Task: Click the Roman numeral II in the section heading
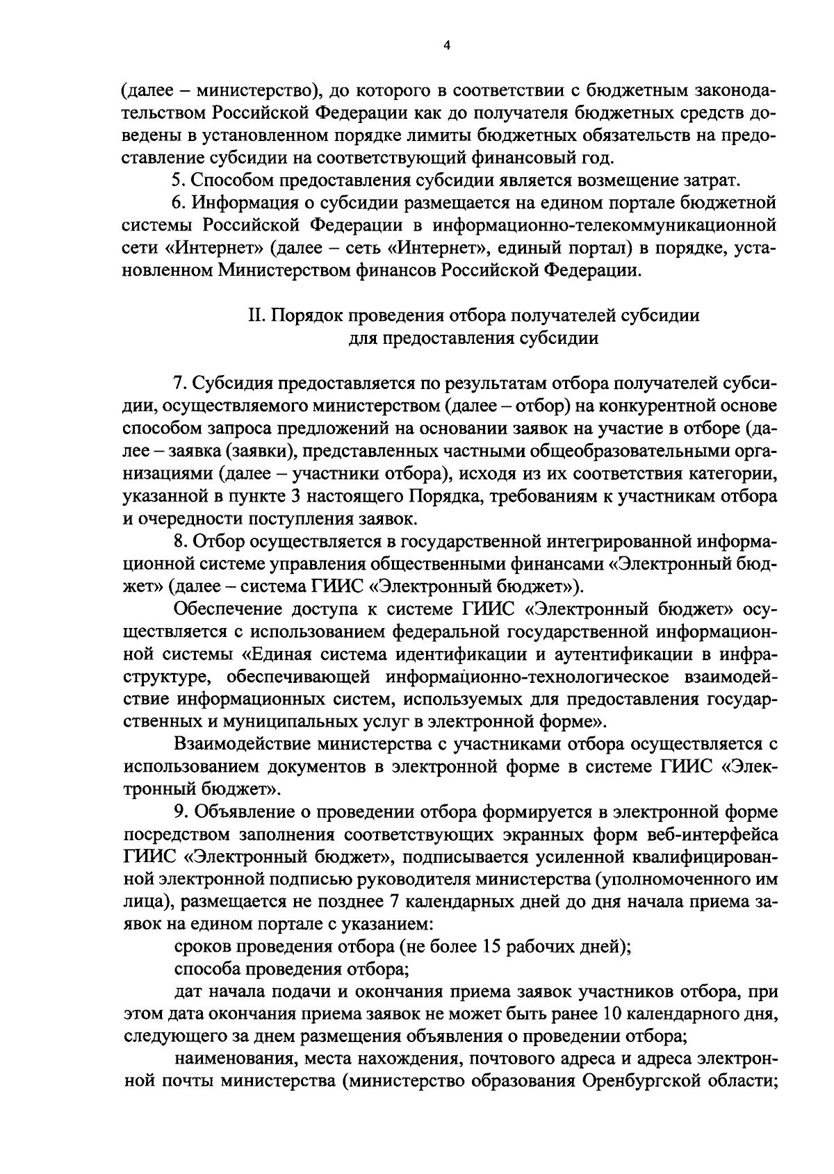click(x=254, y=315)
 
